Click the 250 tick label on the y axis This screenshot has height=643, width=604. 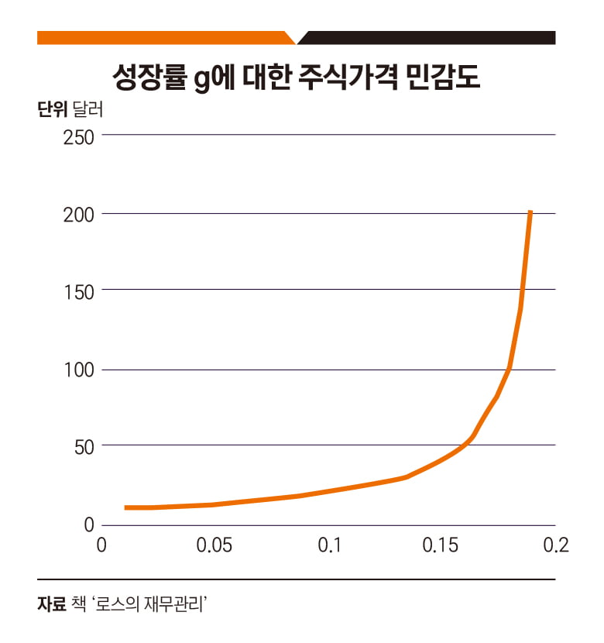(x=79, y=136)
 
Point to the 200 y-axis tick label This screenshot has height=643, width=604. (x=79, y=214)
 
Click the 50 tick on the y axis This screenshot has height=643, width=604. (x=84, y=446)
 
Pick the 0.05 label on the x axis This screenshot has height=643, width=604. (x=214, y=545)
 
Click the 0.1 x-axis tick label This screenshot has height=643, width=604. (x=331, y=545)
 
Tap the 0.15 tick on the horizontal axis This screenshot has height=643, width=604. (x=441, y=545)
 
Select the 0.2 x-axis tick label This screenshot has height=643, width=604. (x=556, y=545)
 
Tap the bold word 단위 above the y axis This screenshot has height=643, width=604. (x=51, y=109)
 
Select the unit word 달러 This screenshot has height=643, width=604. (x=88, y=109)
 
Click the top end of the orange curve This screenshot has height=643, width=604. (x=530, y=211)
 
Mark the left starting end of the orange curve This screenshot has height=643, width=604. (x=125, y=507)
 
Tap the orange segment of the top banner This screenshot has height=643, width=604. (x=163, y=38)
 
